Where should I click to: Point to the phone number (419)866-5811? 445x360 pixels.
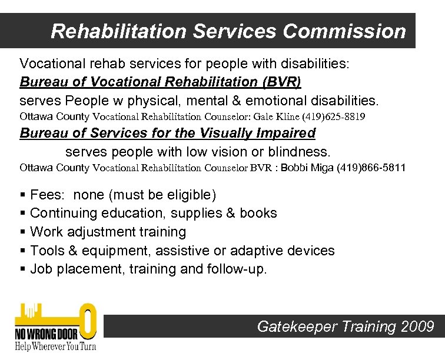[x=371, y=168]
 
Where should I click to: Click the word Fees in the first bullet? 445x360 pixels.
[x=47, y=195]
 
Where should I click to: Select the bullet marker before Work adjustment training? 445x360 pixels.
[x=23, y=232]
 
